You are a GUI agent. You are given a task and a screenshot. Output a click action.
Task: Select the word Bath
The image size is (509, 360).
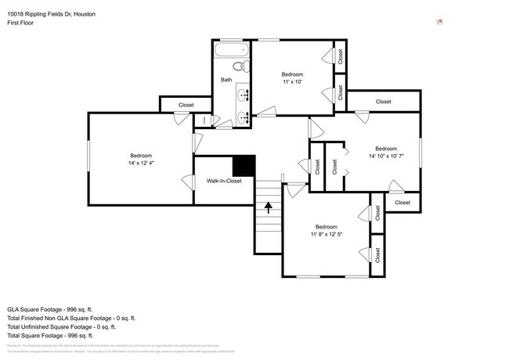point(226,80)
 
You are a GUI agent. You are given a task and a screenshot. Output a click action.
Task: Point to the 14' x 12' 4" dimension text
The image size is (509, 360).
point(141,164)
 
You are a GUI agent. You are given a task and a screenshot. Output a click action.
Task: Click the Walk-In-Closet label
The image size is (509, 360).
point(224,181)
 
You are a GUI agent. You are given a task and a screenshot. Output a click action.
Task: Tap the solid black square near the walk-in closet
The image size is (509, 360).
point(245,166)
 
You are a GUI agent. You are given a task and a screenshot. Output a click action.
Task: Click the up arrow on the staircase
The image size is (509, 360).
point(269,207)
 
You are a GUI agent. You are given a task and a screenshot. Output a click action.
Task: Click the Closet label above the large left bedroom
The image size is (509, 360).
point(186,105)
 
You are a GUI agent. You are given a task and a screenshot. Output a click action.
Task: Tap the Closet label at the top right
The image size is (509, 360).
point(383,102)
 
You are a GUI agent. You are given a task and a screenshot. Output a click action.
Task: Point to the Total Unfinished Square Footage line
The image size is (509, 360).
point(67,327)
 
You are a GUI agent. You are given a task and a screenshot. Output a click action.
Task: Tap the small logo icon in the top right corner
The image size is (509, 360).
point(440,22)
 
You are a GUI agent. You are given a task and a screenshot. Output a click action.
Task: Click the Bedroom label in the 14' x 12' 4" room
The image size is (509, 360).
point(141,155)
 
